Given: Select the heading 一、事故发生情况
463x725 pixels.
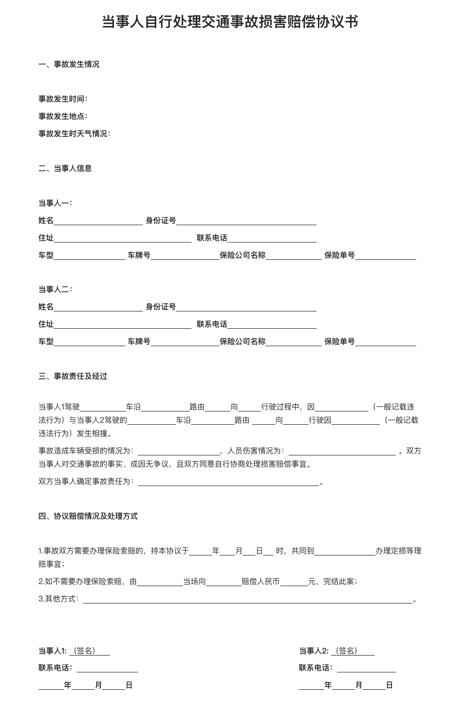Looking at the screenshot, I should click(x=69, y=64).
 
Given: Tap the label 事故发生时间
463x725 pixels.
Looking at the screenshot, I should click(x=63, y=99).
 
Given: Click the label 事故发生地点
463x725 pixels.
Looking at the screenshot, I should click(x=63, y=116).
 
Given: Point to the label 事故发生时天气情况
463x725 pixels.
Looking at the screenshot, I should click(x=74, y=134).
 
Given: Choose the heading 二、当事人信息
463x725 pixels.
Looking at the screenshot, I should click(x=65, y=168).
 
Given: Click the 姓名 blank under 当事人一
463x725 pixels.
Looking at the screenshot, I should click(x=98, y=221).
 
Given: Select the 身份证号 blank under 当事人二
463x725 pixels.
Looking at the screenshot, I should click(x=246, y=307).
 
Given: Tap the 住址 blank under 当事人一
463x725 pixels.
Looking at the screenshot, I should click(x=122, y=238).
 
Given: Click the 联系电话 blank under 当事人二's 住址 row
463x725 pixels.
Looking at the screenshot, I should click(x=272, y=325).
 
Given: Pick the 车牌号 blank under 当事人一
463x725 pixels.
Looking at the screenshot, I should click(x=185, y=256).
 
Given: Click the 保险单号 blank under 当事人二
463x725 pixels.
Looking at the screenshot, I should click(x=385, y=342).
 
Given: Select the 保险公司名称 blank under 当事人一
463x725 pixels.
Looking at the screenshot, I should click(x=293, y=256).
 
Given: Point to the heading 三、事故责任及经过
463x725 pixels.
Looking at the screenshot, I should click(x=73, y=376).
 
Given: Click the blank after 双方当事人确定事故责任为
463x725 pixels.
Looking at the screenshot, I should click(x=228, y=482).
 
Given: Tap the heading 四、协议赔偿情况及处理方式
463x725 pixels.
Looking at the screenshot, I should click(x=88, y=516).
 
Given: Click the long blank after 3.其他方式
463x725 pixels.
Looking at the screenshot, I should click(x=248, y=599).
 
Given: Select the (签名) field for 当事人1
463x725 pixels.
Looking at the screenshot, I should click(x=89, y=651).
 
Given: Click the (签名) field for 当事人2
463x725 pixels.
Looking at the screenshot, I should click(x=353, y=651).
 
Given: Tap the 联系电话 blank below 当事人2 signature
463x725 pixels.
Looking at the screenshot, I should click(x=366, y=668).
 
